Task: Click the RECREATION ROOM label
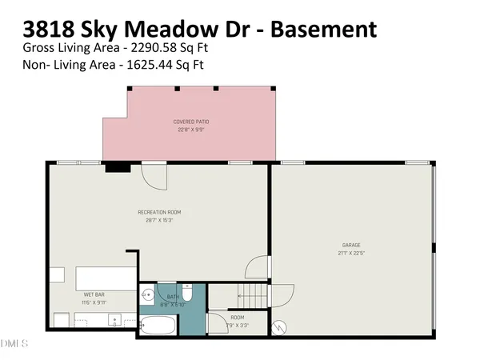[x=159, y=212]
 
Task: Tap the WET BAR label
[x=94, y=294]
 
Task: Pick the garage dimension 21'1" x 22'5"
[x=350, y=251]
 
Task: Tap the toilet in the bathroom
[x=186, y=290]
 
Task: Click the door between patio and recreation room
[x=153, y=174]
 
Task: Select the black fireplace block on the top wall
[x=118, y=166]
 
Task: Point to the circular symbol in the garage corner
[x=279, y=326]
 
